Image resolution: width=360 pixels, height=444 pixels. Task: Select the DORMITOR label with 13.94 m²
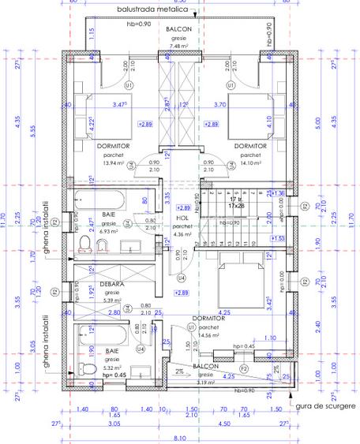click(114, 147)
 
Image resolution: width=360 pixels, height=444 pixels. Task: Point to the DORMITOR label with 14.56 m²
click(208, 319)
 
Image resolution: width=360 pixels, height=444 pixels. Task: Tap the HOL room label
click(182, 217)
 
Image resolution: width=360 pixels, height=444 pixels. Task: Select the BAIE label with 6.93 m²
click(109, 214)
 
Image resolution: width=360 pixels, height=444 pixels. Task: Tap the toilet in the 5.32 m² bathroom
click(90, 370)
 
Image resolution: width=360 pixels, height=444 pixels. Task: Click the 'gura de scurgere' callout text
click(323, 405)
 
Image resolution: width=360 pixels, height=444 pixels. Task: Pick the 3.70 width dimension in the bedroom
click(242, 104)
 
